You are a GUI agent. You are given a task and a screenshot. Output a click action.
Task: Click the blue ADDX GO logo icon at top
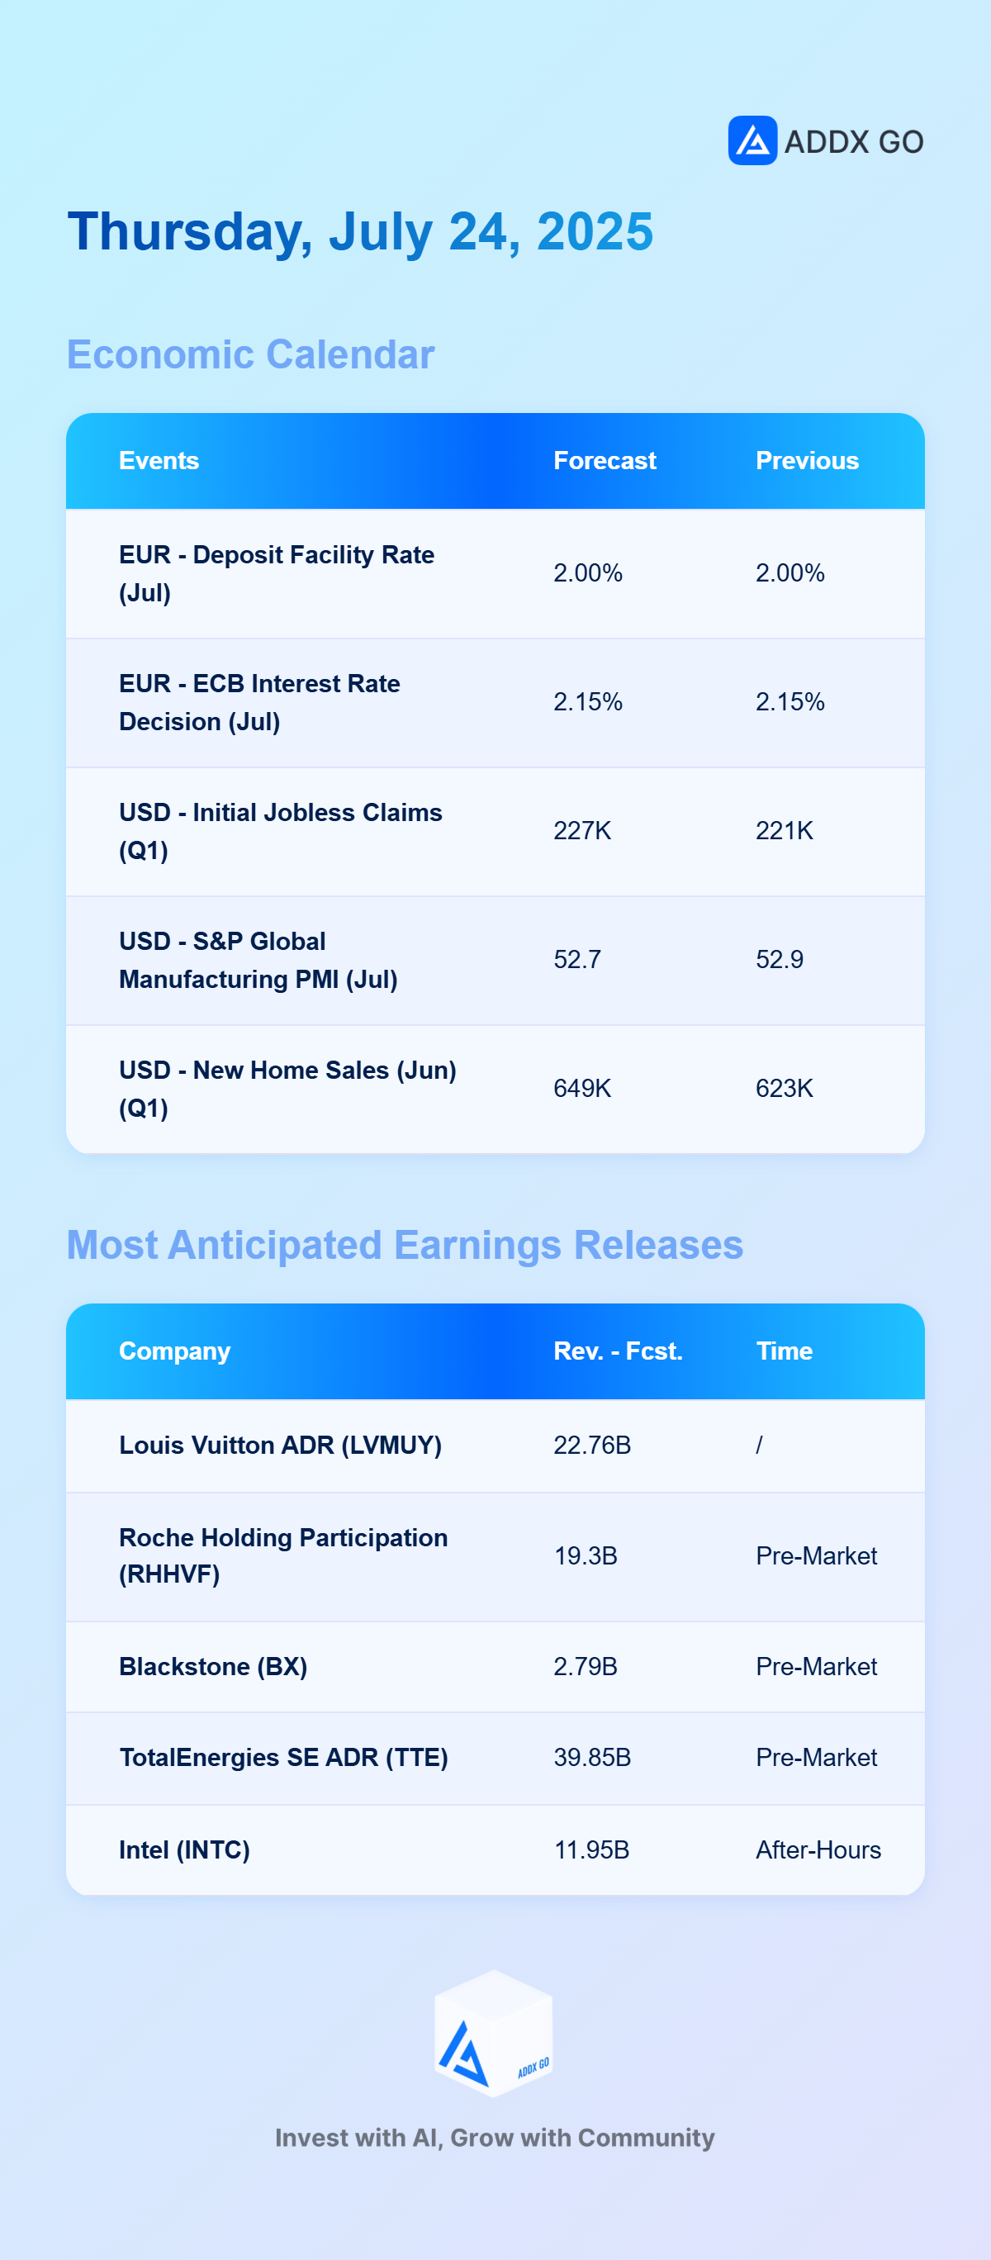pos(752,140)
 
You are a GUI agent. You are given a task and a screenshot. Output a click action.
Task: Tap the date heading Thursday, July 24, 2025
pos(360,232)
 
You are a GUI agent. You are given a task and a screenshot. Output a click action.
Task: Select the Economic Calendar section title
pos(251,354)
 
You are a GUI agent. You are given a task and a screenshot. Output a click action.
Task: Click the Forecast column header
pos(605,461)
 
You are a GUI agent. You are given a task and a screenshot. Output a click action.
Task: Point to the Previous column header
pos(807,461)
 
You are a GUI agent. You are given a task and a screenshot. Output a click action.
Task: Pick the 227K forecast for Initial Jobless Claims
pos(582,831)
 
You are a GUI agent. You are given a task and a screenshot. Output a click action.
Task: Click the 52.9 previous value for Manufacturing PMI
pos(780,959)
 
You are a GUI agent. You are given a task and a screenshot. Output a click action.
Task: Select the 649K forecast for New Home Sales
pos(582,1088)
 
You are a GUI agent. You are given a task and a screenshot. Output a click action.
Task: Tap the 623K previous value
pos(785,1088)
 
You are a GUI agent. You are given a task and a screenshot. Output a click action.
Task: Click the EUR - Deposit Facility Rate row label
pos(277,574)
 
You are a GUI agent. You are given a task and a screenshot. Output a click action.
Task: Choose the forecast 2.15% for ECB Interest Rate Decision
pos(588,702)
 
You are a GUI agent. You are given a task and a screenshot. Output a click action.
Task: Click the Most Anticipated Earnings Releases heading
pos(405,1245)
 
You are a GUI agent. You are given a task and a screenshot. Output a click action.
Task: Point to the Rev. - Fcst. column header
pos(619,1351)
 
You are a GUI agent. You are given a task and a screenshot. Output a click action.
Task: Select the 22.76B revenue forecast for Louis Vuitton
pos(592,1445)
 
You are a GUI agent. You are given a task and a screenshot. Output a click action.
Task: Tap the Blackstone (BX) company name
pos(213,1667)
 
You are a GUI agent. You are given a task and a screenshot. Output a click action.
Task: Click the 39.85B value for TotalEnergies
pos(592,1757)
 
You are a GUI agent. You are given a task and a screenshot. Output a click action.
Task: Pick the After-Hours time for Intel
pos(818,1849)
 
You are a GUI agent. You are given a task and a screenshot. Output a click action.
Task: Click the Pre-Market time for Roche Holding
pos(817,1555)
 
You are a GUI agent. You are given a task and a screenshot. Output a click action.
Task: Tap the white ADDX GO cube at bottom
pos(494,2034)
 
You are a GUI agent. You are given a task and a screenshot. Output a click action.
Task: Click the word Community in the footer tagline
pos(647,2138)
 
